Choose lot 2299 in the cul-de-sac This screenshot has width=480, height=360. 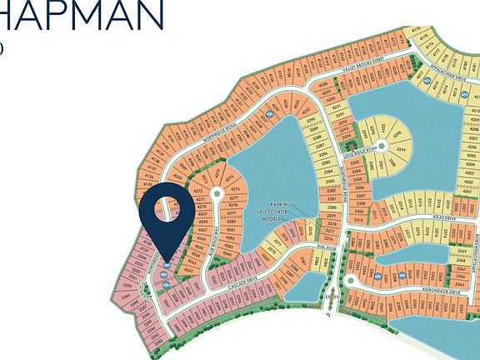[x=400, y=149]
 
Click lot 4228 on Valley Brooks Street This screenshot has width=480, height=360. [x=323, y=84]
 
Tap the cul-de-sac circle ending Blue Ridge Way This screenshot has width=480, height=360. [x=217, y=193]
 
